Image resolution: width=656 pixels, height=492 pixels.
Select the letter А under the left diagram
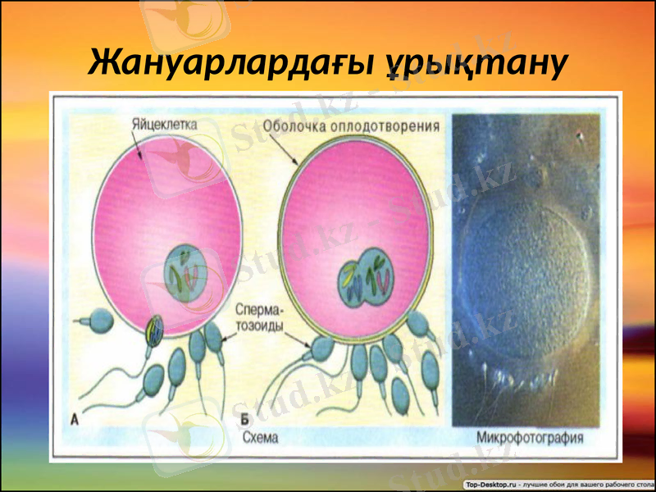click(x=74, y=421)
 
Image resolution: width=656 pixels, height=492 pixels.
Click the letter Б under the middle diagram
click(x=244, y=421)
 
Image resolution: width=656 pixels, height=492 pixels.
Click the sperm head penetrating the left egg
click(x=153, y=330)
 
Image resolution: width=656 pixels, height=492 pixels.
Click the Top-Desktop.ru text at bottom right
click(x=490, y=483)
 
